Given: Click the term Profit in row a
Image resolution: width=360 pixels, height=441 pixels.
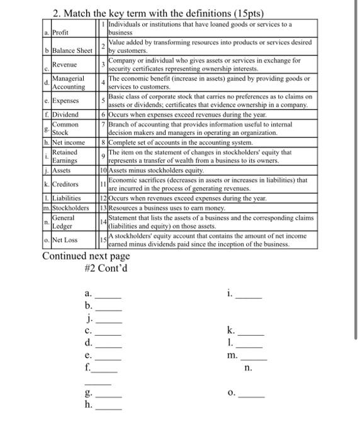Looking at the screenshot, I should pos(60,32).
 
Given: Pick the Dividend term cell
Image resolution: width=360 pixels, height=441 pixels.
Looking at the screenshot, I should pos(65,115).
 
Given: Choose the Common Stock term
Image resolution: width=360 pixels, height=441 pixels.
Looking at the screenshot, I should pos(65,129).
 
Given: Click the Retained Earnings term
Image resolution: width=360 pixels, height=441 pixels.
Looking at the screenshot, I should pos(65,156).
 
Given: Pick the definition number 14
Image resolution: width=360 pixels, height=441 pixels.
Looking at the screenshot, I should pos(104,222).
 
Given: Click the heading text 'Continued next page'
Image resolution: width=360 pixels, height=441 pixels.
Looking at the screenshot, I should pos(86,256).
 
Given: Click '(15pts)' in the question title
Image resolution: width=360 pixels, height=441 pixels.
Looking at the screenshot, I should pos(242,13).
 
